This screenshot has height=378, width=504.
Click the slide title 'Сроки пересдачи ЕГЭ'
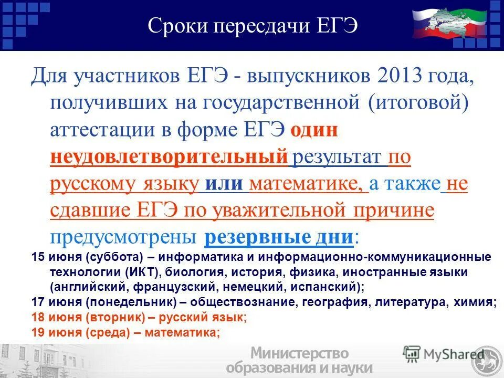[253, 26]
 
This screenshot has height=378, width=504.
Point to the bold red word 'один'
[313, 130]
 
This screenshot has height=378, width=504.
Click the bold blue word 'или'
[224, 184]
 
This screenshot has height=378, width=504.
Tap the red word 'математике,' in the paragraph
[309, 184]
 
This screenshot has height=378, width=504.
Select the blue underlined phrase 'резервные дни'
[278, 237]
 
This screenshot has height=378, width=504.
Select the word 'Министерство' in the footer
[300, 353]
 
